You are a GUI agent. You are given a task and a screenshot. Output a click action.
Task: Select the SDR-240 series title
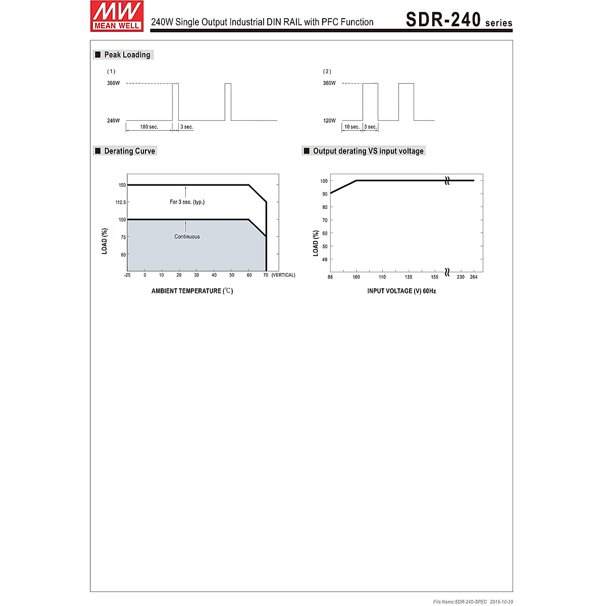click(459, 20)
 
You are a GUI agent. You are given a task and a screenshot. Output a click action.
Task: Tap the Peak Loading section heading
click(127, 55)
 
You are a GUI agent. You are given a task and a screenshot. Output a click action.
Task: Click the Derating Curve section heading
click(129, 151)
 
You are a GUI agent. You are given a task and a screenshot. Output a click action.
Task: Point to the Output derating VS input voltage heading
click(368, 151)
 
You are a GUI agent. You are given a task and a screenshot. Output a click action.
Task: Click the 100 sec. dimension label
click(149, 127)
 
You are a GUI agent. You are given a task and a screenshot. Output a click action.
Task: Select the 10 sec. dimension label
click(351, 127)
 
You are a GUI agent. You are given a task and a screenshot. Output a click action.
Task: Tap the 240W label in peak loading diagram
click(114, 121)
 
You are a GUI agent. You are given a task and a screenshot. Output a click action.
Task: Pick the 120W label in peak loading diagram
click(329, 121)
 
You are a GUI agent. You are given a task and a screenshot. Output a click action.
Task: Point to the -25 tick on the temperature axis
click(127, 275)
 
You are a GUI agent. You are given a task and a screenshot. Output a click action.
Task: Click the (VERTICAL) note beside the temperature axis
click(283, 275)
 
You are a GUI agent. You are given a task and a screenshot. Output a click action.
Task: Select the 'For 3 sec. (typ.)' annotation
click(187, 202)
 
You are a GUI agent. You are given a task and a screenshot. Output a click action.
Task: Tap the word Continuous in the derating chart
click(187, 237)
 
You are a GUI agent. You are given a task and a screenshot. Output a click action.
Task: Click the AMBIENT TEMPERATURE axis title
click(192, 291)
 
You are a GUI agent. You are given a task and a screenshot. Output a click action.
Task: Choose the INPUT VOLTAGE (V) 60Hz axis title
click(401, 291)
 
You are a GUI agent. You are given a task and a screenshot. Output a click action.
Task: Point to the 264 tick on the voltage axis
click(474, 277)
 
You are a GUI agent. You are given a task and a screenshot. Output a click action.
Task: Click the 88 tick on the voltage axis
click(330, 277)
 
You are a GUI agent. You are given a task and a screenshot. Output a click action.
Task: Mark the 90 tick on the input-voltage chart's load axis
click(324, 194)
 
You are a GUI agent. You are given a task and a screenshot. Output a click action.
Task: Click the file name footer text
click(473, 601)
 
